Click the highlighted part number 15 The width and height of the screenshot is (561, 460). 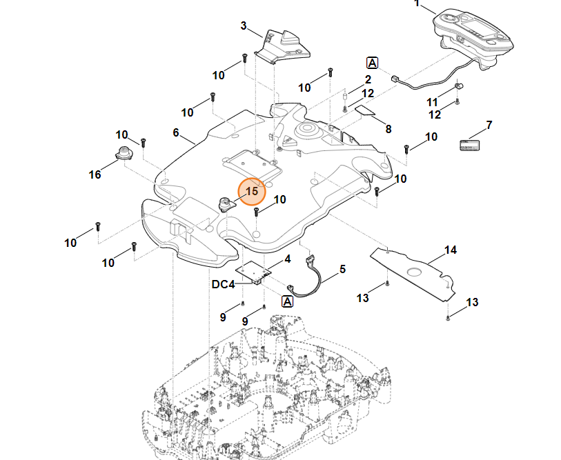pyautogui.click(x=252, y=191)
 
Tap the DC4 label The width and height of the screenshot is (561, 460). pyautogui.click(x=224, y=284)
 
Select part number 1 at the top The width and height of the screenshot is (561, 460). pyautogui.click(x=416, y=3)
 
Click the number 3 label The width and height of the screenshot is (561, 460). pyautogui.click(x=244, y=26)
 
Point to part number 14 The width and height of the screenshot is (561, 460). pyautogui.click(x=450, y=250)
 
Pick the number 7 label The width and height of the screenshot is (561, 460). pyautogui.click(x=489, y=126)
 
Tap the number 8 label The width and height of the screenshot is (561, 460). pyautogui.click(x=388, y=129)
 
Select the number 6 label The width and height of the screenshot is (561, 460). pyautogui.click(x=176, y=132)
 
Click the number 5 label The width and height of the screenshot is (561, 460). pyautogui.click(x=343, y=269)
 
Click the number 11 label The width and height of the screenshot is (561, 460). pyautogui.click(x=433, y=102)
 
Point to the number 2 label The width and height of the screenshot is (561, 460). pyautogui.click(x=368, y=80)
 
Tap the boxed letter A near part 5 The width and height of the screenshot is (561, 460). pyautogui.click(x=288, y=301)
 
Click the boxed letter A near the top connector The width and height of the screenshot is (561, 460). pyautogui.click(x=373, y=63)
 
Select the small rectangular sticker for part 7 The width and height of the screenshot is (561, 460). pyautogui.click(x=470, y=144)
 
